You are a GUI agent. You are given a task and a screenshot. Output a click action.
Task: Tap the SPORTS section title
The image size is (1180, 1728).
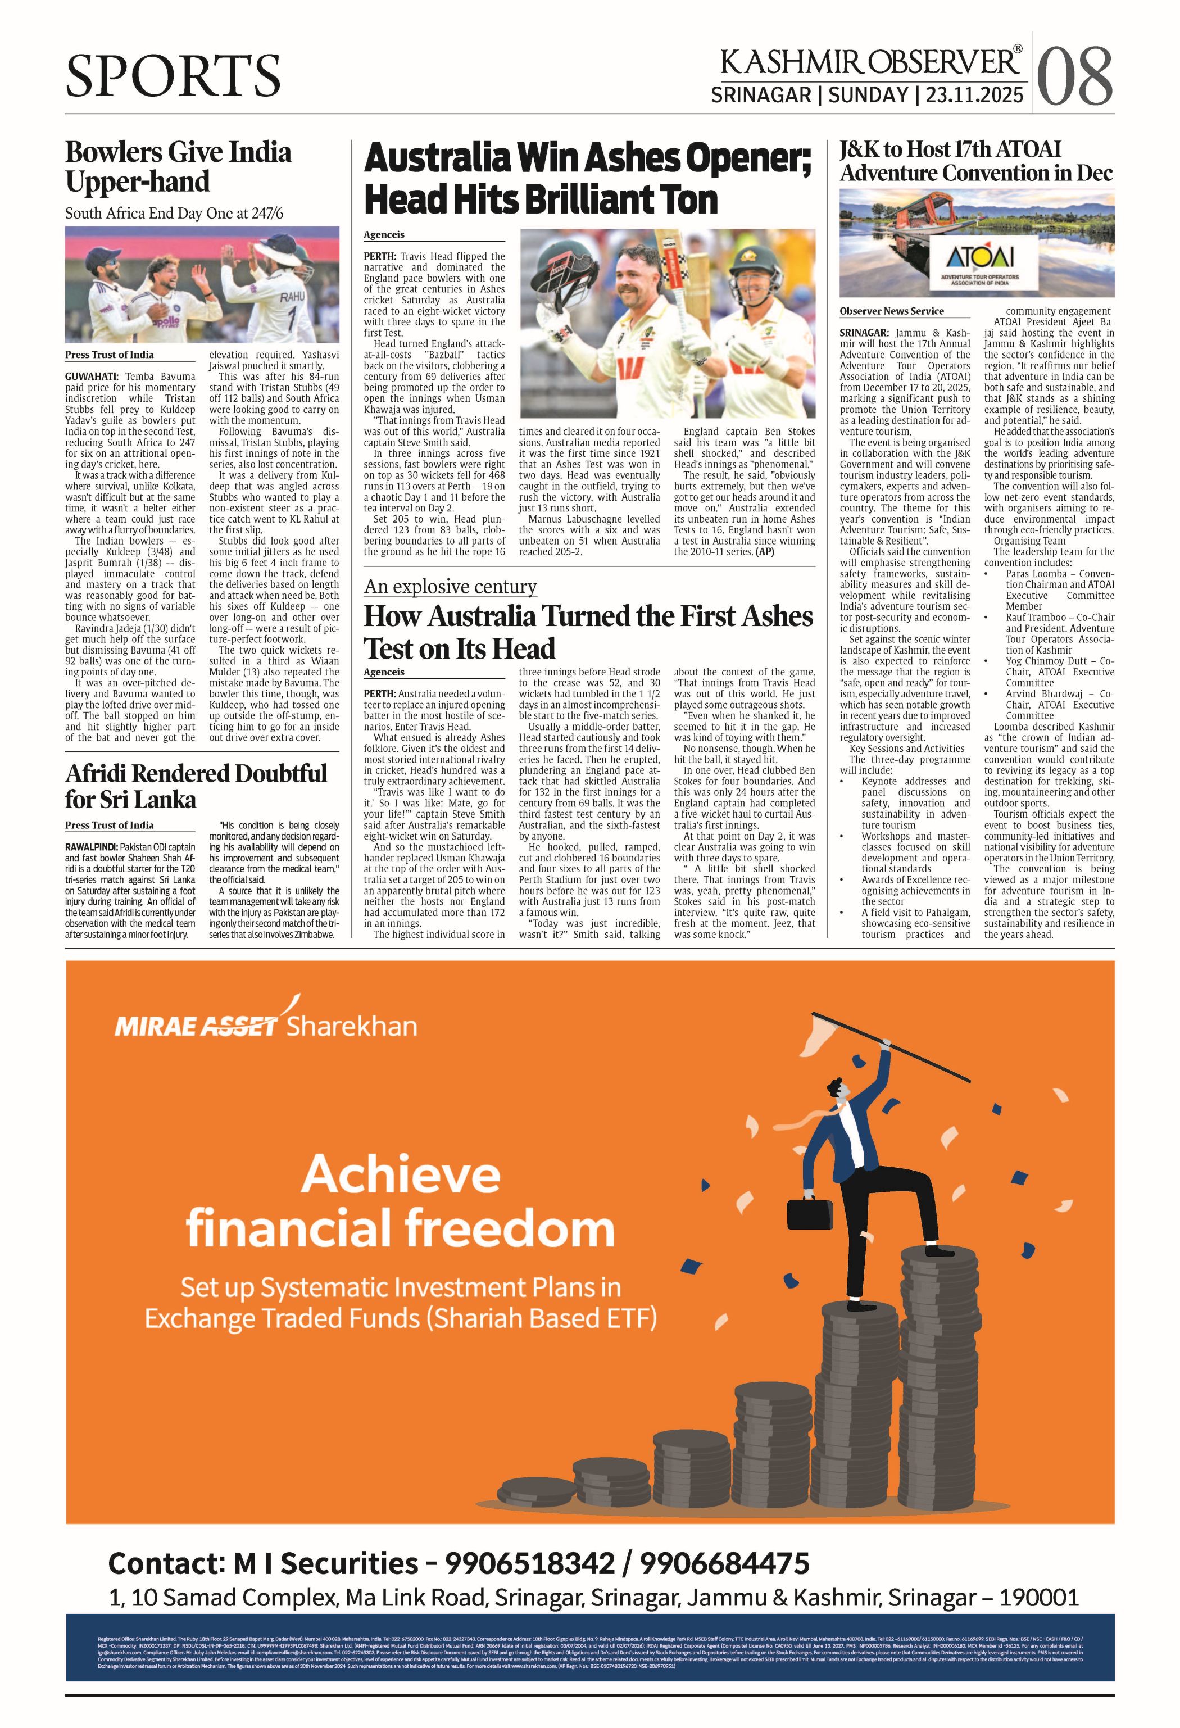[x=173, y=75]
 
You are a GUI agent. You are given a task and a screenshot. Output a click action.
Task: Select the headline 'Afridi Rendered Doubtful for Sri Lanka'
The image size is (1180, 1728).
[x=196, y=786]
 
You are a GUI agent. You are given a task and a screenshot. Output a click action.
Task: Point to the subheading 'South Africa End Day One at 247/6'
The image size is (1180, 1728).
[x=174, y=214]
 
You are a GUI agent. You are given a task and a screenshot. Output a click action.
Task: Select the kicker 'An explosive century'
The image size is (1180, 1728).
[x=450, y=587]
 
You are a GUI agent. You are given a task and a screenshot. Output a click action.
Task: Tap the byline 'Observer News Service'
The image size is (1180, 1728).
[x=892, y=311]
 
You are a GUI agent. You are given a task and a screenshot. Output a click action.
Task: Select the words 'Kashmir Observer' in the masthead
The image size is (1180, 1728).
[x=870, y=62]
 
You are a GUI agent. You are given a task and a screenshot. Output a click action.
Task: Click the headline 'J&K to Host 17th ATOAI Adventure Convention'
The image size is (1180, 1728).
[x=975, y=161]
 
